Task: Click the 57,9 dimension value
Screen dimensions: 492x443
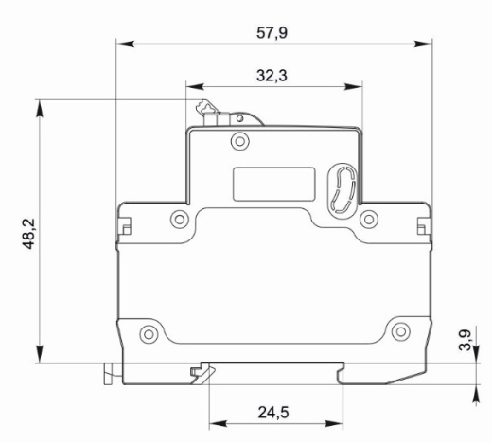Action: click(272, 33)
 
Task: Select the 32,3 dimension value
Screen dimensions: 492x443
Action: click(272, 76)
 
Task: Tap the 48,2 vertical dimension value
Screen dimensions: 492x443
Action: click(29, 234)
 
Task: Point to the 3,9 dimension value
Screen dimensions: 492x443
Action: click(465, 340)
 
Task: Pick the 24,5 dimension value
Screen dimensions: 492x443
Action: click(273, 413)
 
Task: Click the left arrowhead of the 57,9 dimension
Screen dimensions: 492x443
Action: click(126, 44)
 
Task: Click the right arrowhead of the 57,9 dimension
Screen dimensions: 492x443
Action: click(423, 44)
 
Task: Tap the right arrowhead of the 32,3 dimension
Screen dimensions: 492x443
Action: click(353, 86)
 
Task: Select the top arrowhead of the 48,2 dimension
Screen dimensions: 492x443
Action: click(40, 109)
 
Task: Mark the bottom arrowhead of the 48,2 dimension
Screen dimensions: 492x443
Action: click(40, 354)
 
